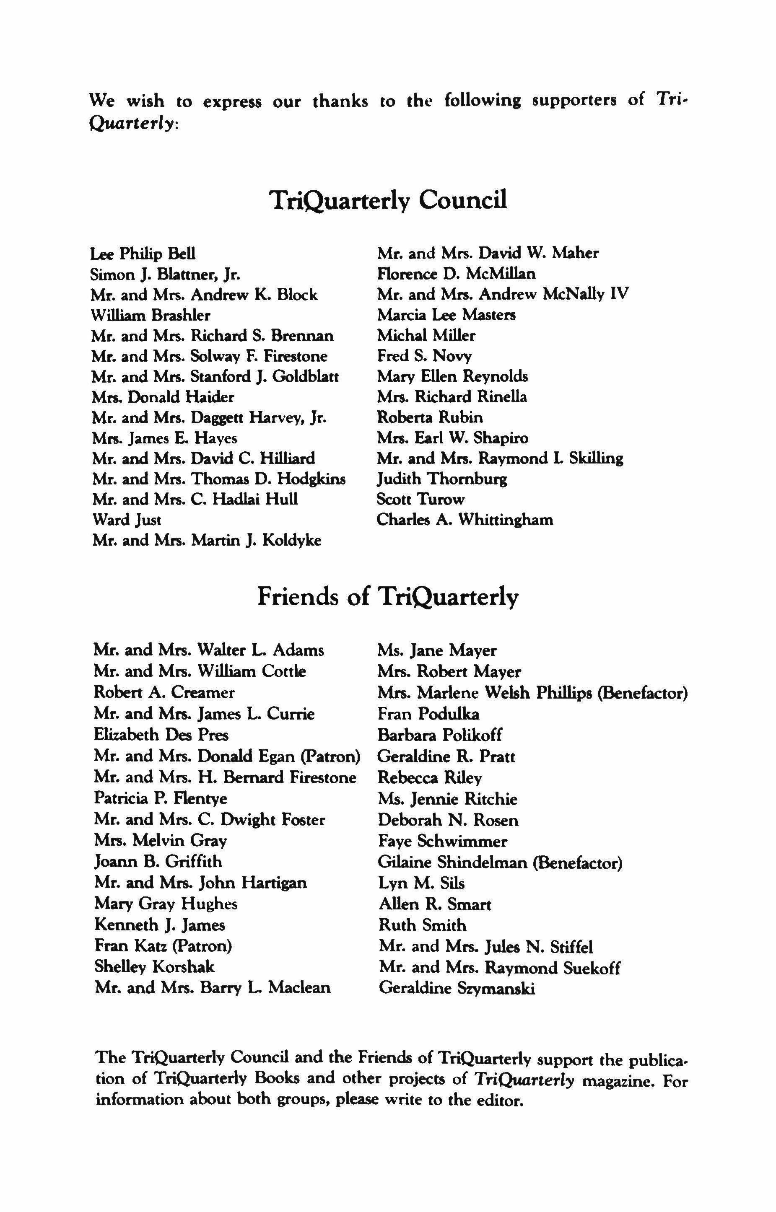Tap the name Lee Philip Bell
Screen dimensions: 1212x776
click(143, 254)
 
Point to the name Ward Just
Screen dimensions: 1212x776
click(127, 520)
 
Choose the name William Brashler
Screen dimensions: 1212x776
click(151, 315)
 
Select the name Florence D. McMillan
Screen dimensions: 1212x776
click(456, 274)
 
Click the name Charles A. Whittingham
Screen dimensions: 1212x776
click(465, 520)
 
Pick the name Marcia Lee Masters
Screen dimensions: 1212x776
click(446, 315)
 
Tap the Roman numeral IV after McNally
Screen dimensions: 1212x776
click(619, 294)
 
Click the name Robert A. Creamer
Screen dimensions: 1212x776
click(164, 693)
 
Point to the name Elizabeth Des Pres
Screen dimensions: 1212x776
click(161, 735)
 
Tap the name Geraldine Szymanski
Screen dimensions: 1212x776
click(457, 988)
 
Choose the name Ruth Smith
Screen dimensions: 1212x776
click(422, 925)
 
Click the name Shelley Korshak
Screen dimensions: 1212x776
click(154, 967)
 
